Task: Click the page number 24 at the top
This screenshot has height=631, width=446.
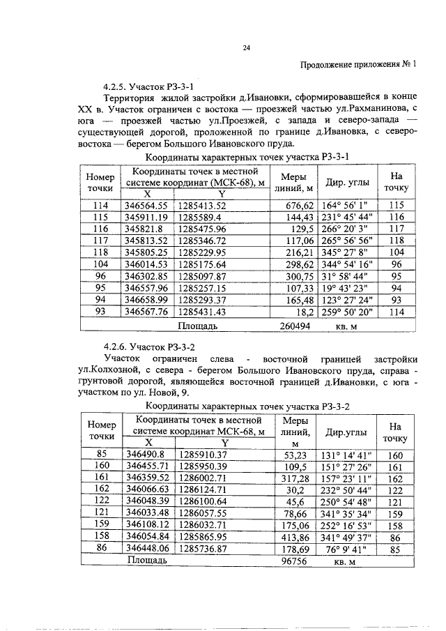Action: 246,48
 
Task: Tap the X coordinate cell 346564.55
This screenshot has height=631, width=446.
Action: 146,205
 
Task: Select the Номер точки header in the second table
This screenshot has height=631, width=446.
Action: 102,429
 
